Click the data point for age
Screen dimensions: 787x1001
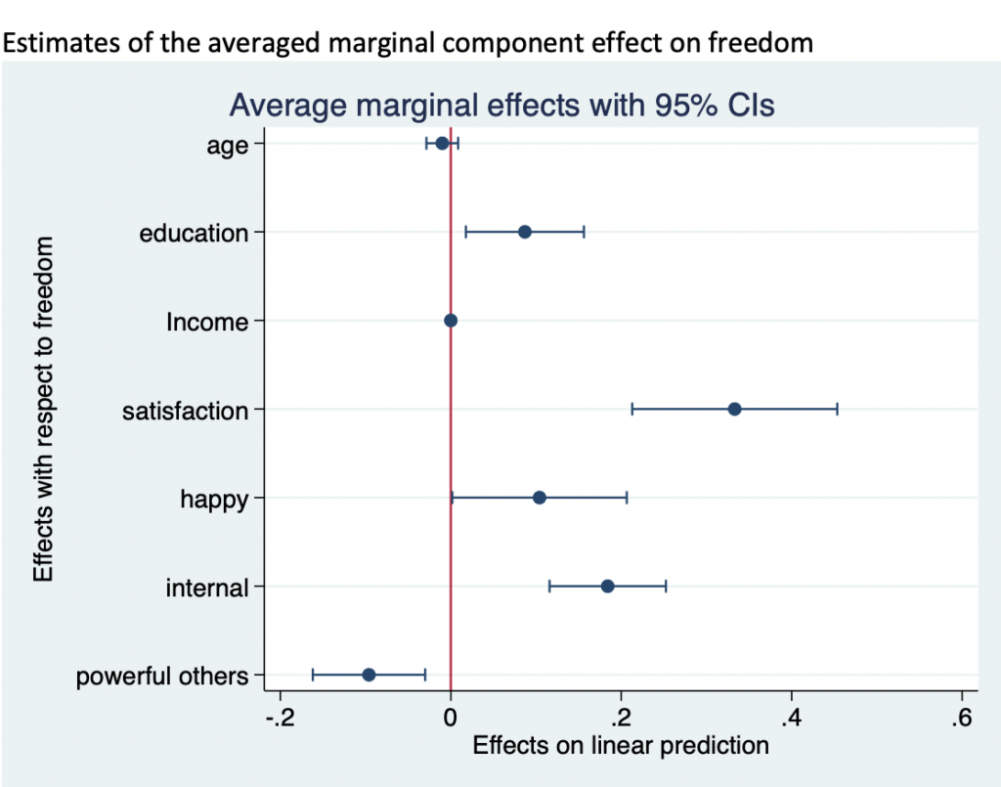click(x=442, y=144)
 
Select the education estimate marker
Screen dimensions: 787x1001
click(x=525, y=232)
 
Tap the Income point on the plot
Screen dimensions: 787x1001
click(x=451, y=321)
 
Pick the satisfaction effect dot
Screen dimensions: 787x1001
click(x=734, y=409)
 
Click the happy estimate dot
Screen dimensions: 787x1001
click(x=540, y=498)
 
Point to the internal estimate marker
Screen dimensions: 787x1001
click(x=607, y=587)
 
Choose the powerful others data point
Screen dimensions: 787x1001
click(x=369, y=675)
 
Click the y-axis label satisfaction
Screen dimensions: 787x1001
click(x=186, y=411)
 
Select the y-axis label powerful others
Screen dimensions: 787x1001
click(x=162, y=676)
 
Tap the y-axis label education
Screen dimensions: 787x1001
click(x=195, y=234)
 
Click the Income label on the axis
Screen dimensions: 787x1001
click(x=206, y=322)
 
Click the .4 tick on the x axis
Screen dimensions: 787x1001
click(x=790, y=719)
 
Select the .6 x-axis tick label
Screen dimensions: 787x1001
click(x=961, y=719)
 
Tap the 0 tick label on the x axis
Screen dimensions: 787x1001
click(x=451, y=719)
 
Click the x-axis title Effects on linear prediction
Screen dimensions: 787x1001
click(x=621, y=746)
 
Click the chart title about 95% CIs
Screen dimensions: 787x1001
click(x=501, y=104)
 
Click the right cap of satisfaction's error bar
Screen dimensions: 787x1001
click(x=837, y=409)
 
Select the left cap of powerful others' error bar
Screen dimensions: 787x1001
click(x=313, y=675)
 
